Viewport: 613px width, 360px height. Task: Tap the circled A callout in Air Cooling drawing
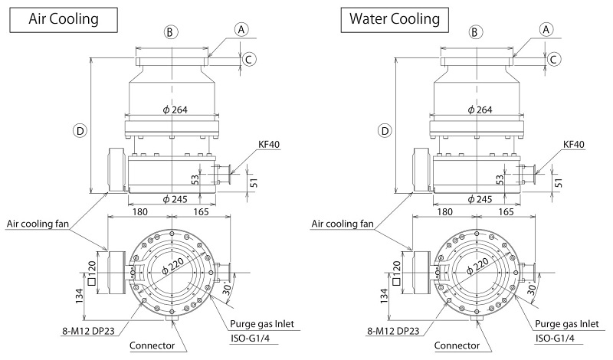pos(241,30)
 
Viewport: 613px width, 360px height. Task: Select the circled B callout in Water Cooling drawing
pos(476,32)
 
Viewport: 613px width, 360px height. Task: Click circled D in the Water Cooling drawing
pos(386,130)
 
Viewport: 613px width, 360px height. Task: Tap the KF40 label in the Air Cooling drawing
pos(267,144)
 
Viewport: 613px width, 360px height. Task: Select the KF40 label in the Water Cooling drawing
pos(573,144)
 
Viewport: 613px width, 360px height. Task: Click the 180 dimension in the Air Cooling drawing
pos(139,211)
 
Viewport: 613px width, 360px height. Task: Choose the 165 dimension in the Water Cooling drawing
pos(506,211)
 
